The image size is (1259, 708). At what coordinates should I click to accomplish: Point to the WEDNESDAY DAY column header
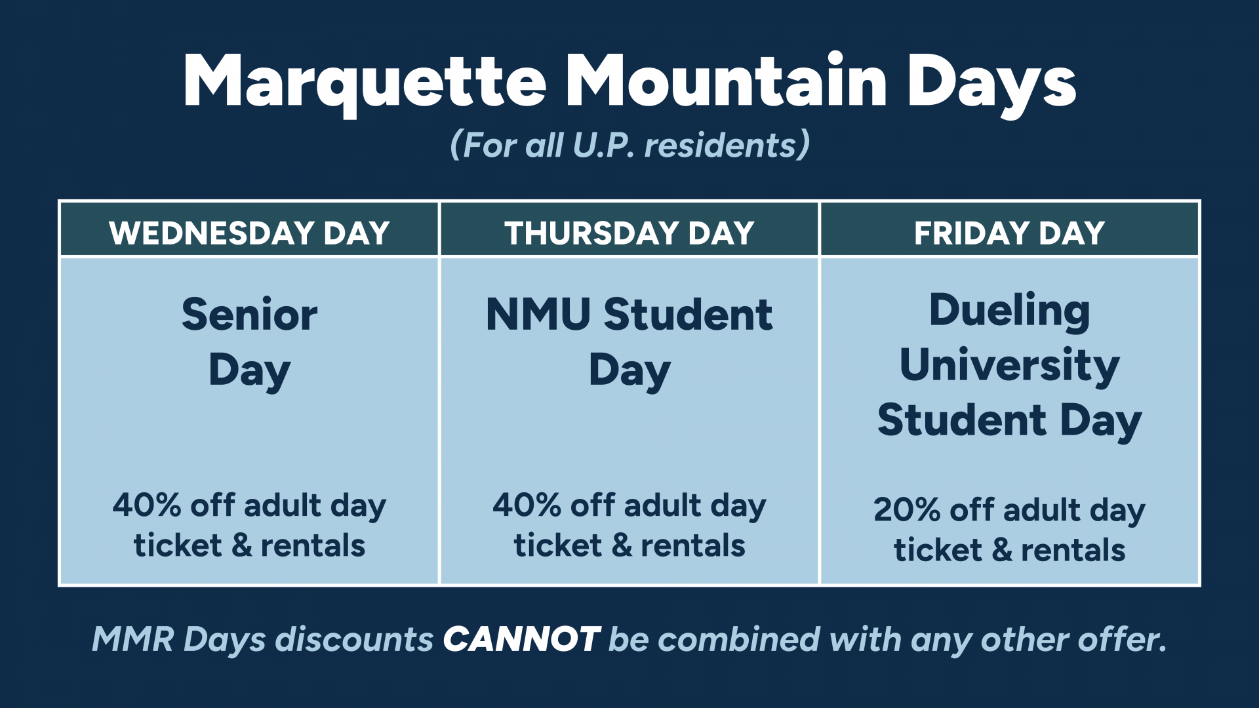click(x=250, y=233)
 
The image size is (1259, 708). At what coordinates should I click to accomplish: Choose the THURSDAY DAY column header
click(x=629, y=233)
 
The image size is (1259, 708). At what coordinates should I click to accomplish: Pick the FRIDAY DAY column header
click(x=1010, y=233)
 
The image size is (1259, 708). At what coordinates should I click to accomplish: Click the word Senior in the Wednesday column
click(x=250, y=315)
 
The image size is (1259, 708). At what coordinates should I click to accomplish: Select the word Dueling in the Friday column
click(x=1010, y=311)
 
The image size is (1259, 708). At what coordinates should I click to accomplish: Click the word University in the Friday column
click(x=1010, y=366)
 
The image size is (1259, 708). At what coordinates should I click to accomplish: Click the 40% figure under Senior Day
click(x=146, y=505)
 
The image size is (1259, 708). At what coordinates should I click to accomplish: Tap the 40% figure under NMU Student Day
click(x=527, y=505)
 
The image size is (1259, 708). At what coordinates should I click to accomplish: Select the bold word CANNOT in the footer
click(x=522, y=639)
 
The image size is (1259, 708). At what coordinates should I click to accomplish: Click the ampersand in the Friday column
click(x=1002, y=550)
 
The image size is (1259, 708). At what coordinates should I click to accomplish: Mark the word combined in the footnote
click(x=739, y=639)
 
